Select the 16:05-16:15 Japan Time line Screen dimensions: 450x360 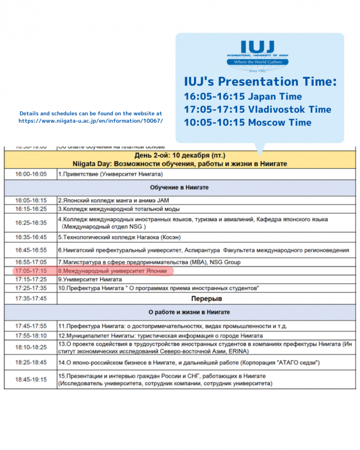tap(243, 97)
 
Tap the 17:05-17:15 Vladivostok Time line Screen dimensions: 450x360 tap(257, 110)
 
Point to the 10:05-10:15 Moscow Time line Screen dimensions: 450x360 tap(248, 122)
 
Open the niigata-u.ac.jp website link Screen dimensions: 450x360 tap(90, 121)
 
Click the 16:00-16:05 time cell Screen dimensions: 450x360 tap(31, 174)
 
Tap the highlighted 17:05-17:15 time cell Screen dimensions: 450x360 tap(31, 271)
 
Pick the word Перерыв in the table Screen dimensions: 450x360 tap(206, 299)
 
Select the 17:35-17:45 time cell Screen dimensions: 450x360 tap(31, 299)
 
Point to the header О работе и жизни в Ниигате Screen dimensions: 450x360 tap(182, 312)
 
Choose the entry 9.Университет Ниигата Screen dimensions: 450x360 tap(90, 279)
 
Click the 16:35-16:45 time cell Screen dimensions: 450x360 tap(31, 237)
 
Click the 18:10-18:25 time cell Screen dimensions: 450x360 tap(31, 347)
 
